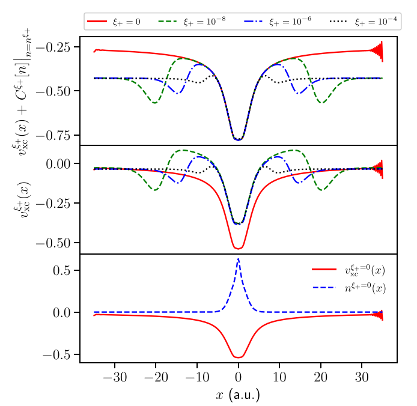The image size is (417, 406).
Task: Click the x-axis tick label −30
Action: [x=114, y=377]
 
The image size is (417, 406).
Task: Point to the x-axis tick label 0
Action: [x=239, y=377]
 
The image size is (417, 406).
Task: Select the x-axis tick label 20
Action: [x=320, y=377]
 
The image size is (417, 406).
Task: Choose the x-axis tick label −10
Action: [x=196, y=377]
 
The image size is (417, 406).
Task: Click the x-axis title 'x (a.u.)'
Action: [x=238, y=395]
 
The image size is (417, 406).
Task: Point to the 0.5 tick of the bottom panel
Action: [x=62, y=270]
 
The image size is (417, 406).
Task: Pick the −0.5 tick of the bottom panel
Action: [x=58, y=355]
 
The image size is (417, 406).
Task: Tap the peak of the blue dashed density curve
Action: [x=238, y=259]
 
